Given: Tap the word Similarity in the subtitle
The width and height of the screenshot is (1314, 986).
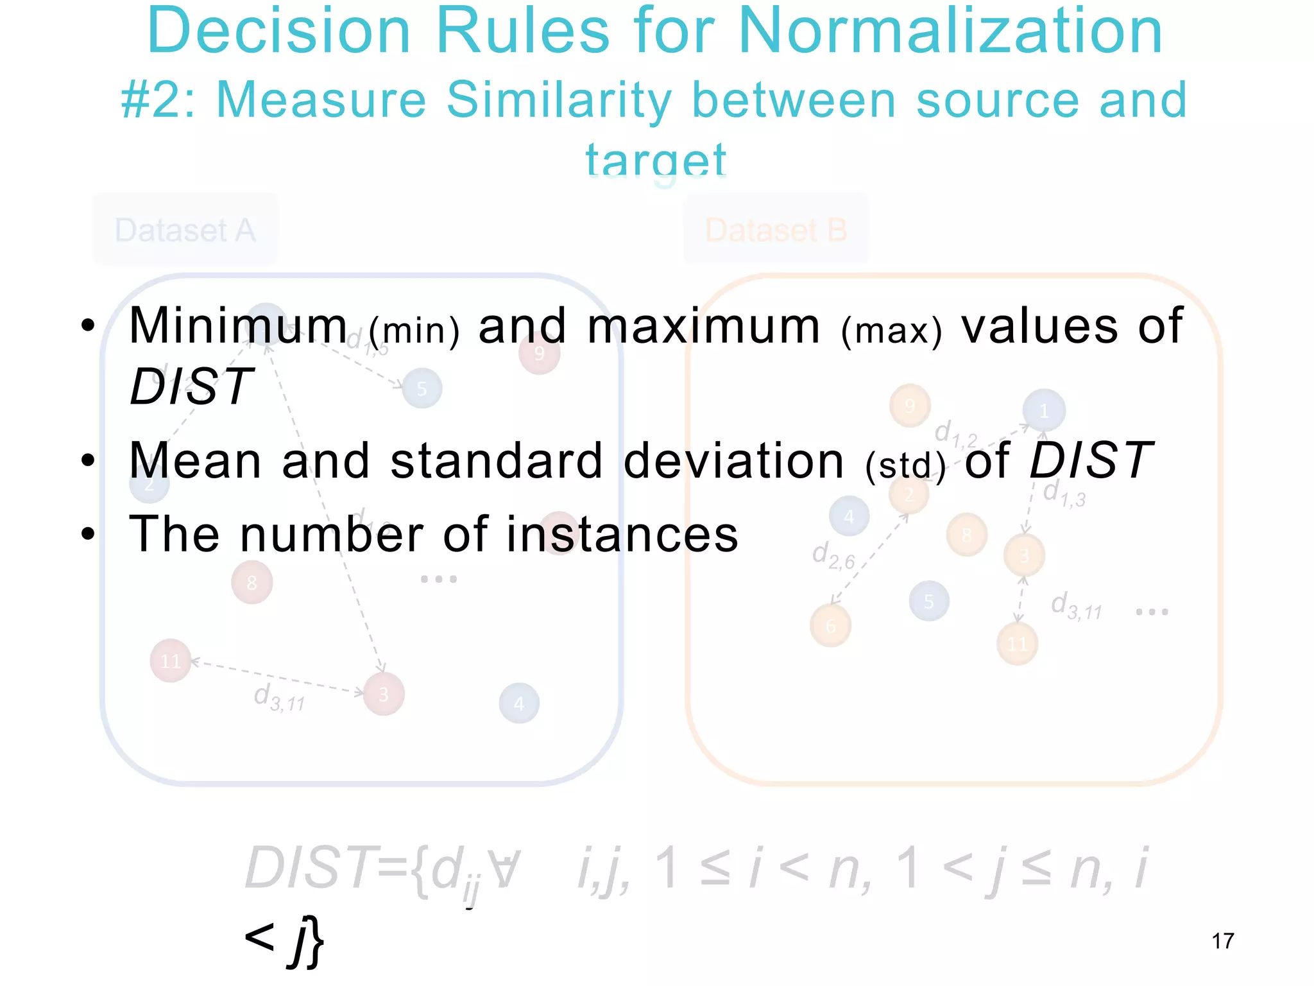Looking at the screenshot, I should [559, 100].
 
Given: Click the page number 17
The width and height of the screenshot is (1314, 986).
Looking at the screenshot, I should [1223, 941].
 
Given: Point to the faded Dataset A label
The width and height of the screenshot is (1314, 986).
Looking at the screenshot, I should [185, 230].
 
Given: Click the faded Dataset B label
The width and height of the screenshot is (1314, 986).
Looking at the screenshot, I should [776, 230].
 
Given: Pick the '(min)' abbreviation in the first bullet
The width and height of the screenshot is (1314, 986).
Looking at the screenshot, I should [414, 331].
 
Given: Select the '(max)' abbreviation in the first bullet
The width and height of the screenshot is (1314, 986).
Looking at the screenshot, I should [892, 331].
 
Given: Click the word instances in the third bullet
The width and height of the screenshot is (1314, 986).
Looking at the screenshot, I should [622, 534].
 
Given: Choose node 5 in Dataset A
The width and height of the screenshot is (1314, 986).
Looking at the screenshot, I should [422, 388].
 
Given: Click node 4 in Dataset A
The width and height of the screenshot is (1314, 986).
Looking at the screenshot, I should [519, 704].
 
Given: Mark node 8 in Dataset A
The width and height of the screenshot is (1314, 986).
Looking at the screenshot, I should [252, 582].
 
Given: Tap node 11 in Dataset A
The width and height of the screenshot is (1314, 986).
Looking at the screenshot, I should [170, 661].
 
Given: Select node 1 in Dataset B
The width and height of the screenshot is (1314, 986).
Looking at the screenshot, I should [1044, 410].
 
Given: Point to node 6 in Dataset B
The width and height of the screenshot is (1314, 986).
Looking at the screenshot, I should [830, 626].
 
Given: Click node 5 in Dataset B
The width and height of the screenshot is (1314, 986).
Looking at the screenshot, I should [928, 601].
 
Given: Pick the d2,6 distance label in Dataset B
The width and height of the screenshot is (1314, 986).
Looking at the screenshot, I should [833, 555].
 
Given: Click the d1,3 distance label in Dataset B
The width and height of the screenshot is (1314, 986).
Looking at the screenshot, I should [1064, 494].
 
